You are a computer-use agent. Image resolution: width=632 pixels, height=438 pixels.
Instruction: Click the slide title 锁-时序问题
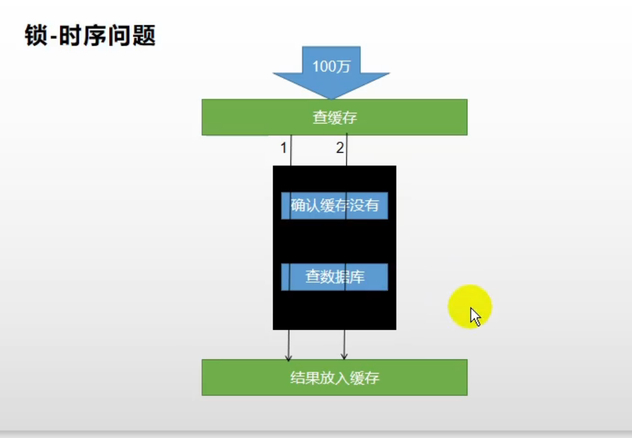(x=90, y=35)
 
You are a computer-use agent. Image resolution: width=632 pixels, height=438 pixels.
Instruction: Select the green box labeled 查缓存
(x=334, y=117)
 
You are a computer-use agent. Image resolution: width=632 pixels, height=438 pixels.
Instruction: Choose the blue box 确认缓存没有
(x=334, y=205)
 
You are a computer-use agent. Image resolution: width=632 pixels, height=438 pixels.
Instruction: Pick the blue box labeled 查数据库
(x=334, y=277)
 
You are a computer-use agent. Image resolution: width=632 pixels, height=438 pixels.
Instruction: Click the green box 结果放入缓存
(x=334, y=378)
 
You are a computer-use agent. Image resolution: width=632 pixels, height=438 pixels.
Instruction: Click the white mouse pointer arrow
(x=475, y=316)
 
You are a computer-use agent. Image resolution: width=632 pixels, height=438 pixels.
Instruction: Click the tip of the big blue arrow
(x=332, y=97)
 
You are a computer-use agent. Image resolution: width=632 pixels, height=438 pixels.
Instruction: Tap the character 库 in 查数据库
(x=357, y=277)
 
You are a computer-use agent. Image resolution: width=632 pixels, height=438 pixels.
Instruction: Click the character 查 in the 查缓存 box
(x=320, y=117)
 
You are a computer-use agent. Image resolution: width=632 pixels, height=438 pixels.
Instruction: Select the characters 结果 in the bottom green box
(x=304, y=378)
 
